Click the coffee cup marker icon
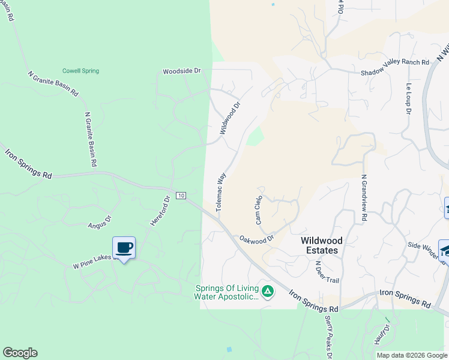[x=124, y=247]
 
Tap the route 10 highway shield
[x=181, y=196]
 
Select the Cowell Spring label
[x=80, y=71]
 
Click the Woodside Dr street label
[x=181, y=71]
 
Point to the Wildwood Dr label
[x=229, y=118]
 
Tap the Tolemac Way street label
[x=220, y=191]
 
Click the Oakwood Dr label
[x=256, y=239]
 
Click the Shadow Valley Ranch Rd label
[x=395, y=62]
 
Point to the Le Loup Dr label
[x=408, y=99]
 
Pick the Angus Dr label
[x=100, y=223]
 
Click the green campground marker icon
[x=267, y=292]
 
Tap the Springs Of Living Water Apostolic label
[x=227, y=292]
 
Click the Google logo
[x=20, y=353]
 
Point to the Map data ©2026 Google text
[x=412, y=355]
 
